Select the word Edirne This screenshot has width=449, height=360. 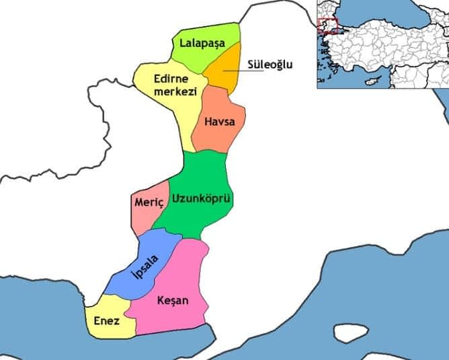tap(171, 79)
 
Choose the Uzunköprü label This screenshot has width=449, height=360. tap(201, 199)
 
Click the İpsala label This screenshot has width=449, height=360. tap(145, 269)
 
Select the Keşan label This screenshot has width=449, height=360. tap(171, 300)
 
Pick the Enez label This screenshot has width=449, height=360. tap(107, 322)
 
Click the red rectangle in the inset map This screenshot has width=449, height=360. tap(327, 26)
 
